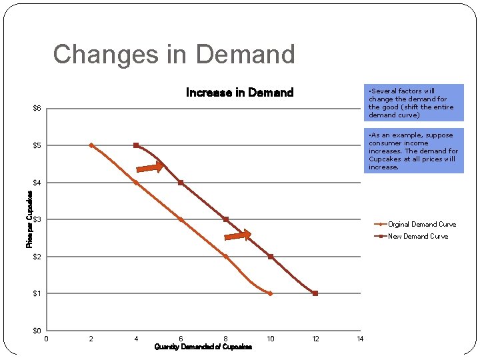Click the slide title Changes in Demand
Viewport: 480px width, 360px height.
click(173, 54)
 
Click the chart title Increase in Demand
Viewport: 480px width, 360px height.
click(239, 93)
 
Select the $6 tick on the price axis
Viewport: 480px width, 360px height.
click(37, 109)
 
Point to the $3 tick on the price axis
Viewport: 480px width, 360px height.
click(37, 219)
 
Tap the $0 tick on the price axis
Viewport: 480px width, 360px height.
click(37, 331)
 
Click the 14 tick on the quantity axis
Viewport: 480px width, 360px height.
click(360, 339)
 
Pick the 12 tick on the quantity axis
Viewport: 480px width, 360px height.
click(315, 339)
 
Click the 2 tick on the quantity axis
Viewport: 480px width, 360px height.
click(91, 339)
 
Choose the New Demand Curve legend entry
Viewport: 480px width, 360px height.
click(417, 236)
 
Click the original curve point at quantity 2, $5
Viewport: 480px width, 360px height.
click(91, 145)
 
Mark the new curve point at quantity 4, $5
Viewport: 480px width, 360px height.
click(136, 145)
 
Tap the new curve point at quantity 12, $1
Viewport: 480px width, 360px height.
click(315, 293)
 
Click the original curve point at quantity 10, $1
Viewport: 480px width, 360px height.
click(270, 293)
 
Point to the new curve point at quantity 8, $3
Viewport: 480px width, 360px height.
click(226, 219)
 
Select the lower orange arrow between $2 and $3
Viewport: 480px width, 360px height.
click(238, 235)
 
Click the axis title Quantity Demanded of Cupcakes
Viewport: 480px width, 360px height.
click(203, 347)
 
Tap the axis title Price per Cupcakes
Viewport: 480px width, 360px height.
click(29, 219)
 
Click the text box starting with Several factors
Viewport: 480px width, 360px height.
click(414, 103)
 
